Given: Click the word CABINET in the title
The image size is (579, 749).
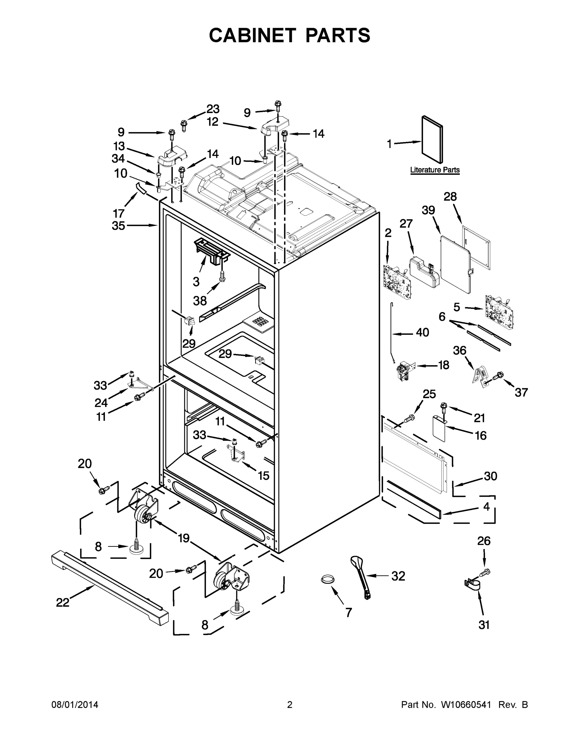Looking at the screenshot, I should pos(252,35).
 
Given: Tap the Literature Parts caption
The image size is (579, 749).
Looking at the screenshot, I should pos(434,170).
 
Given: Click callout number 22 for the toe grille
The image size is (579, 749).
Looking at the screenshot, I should pos(63,602).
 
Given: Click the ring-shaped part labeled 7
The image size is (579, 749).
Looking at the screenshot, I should pos(327,579).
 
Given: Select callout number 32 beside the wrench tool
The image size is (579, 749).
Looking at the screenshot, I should pos(398,576).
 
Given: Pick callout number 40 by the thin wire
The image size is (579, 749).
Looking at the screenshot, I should pos(422,332).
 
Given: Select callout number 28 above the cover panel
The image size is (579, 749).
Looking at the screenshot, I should pos(450,197).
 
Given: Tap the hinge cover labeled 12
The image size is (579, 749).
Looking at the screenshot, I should pos(275,126).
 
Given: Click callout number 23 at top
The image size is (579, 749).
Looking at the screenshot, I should pos(213,109).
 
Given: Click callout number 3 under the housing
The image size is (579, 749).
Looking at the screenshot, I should pos(196,281).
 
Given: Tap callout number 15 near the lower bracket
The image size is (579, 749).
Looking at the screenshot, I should pos(263,475).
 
